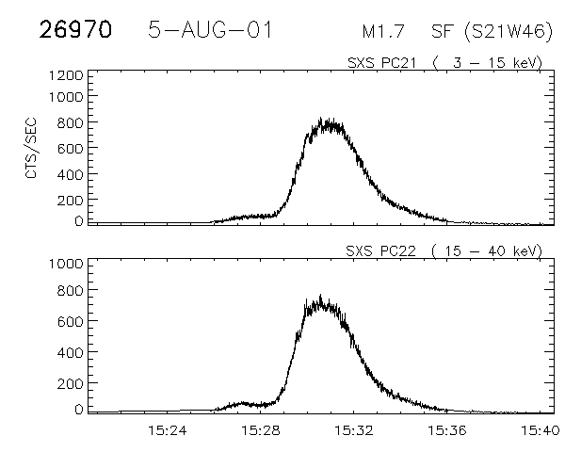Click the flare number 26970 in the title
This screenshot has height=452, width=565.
(75, 29)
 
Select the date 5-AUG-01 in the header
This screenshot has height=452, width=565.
(211, 29)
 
